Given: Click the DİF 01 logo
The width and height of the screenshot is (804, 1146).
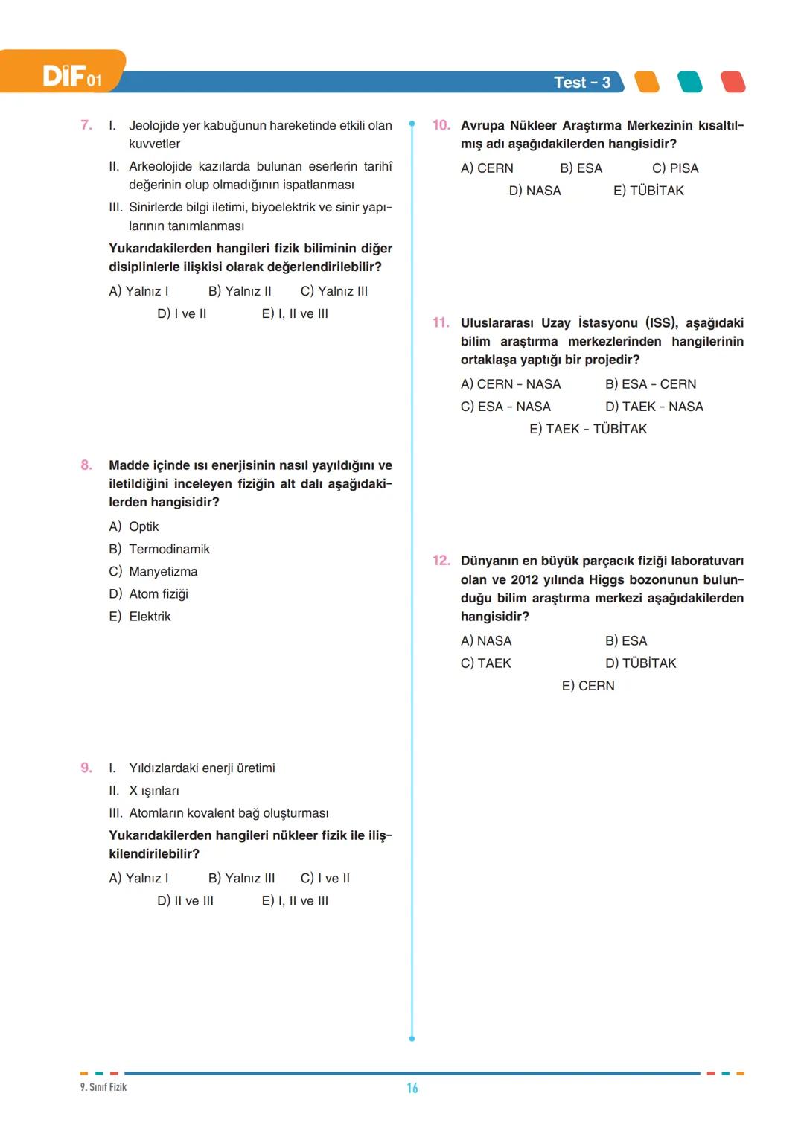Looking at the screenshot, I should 72,76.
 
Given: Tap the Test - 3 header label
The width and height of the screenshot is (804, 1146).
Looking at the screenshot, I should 581,83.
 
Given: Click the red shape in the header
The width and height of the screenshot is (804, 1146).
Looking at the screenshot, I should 733,82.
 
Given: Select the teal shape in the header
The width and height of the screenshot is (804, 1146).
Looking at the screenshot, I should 690,82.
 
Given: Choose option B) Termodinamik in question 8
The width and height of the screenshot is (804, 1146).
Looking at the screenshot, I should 159,549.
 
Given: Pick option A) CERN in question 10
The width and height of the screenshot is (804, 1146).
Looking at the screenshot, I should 487,168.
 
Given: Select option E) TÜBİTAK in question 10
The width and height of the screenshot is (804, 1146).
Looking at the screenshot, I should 648,191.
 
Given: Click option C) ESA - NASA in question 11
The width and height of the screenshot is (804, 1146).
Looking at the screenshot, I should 505,407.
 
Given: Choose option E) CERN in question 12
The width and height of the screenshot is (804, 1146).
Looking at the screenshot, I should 588,686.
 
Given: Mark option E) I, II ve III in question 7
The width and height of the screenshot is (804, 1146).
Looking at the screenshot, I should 295,314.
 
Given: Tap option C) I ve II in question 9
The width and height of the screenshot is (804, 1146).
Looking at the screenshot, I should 325,879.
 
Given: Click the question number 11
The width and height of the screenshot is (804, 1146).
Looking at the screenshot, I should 441,323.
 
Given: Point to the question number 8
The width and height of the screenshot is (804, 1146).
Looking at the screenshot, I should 87,465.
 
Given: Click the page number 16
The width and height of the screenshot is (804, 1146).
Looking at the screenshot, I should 412,1089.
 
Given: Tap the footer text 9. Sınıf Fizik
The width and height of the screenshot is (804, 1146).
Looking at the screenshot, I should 103,1087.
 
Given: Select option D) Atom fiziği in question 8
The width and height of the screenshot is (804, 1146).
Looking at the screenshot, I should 149,594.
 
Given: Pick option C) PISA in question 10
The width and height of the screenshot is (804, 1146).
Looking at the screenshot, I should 675,168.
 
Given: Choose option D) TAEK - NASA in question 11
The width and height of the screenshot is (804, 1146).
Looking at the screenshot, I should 654,407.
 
